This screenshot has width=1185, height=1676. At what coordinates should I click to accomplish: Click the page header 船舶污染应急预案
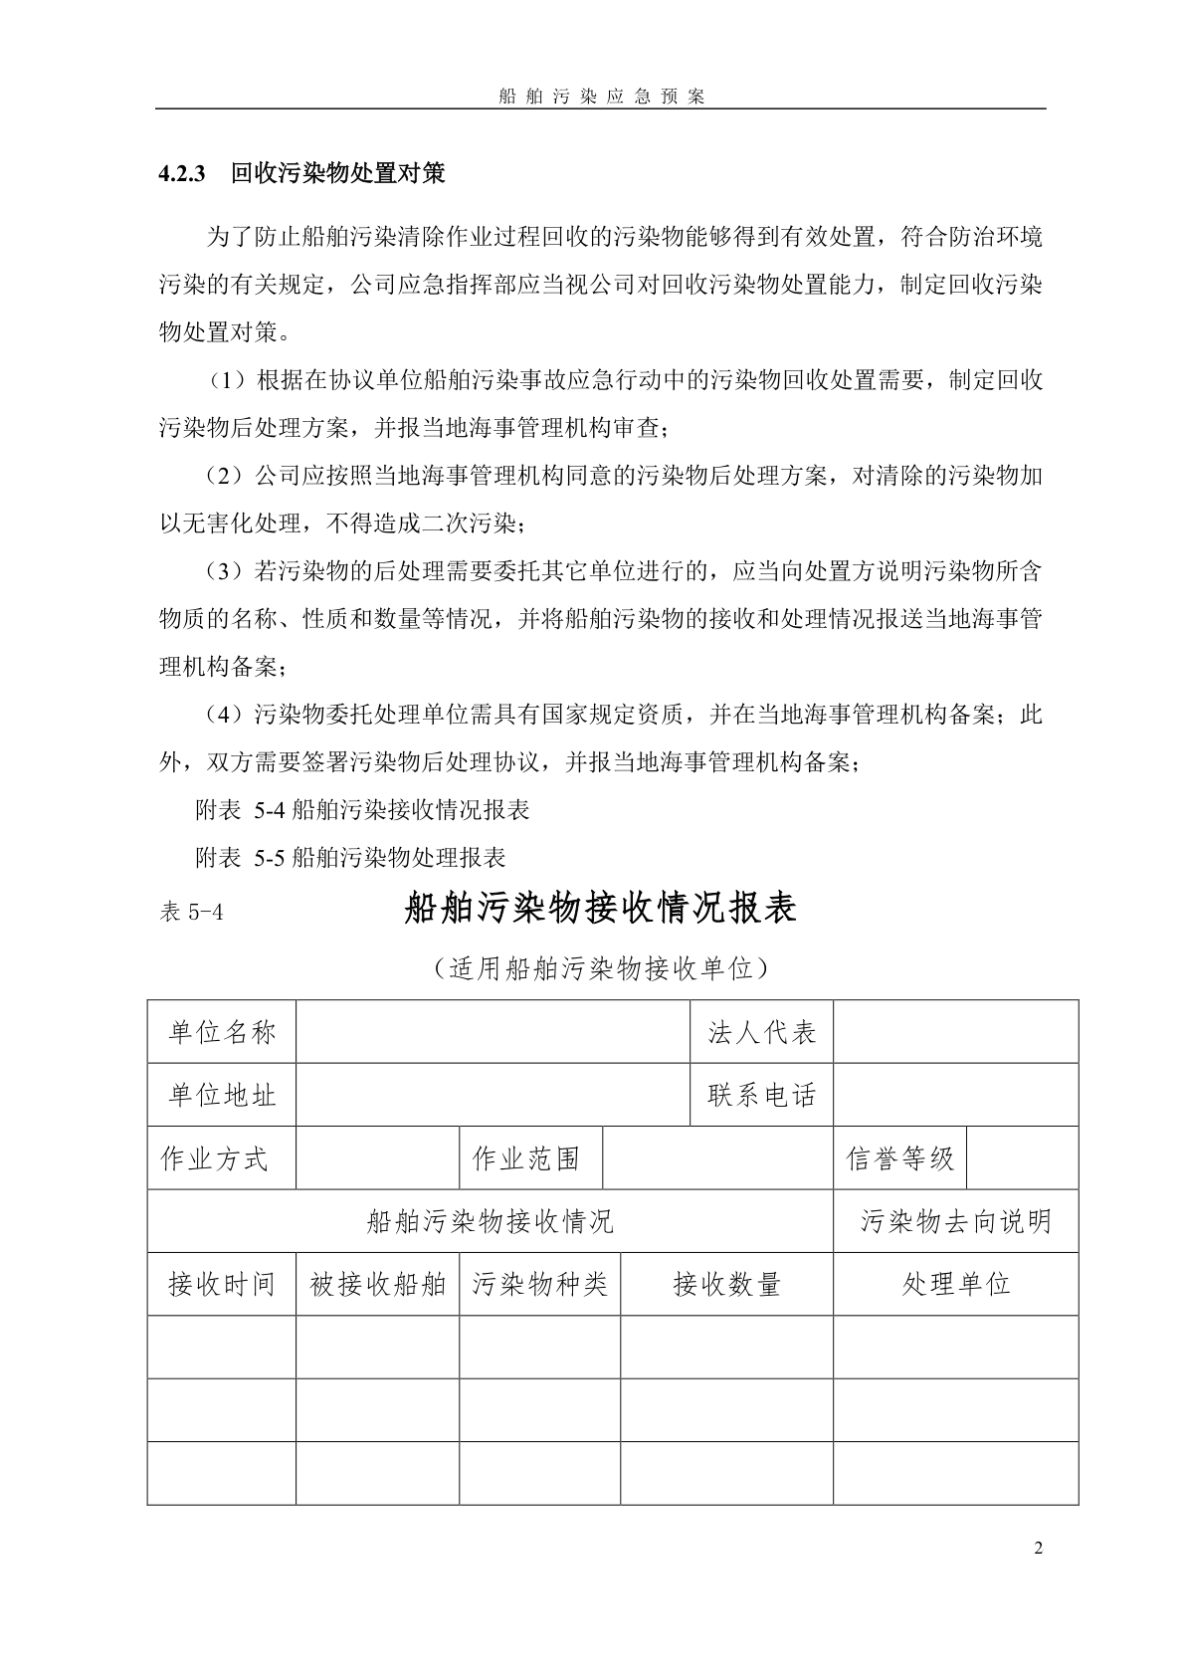coord(600,97)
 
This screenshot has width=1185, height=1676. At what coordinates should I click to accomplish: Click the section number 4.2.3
coord(181,174)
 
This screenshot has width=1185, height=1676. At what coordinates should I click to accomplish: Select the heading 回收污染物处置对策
coord(337,174)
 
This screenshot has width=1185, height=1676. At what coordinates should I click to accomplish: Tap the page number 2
coord(1039,1548)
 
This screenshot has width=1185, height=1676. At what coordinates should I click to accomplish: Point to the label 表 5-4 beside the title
coord(191,912)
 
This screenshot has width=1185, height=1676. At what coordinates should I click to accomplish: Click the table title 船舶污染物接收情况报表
coord(600,909)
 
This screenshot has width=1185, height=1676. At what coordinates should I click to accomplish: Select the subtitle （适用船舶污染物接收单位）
coord(600,967)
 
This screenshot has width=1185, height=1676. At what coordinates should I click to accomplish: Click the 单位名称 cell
coord(222,1032)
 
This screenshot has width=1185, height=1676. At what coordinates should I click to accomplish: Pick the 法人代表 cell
coord(761,1032)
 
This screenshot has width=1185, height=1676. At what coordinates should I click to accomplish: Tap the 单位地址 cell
coord(222,1095)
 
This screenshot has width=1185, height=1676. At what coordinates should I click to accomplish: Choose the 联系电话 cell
coord(761,1095)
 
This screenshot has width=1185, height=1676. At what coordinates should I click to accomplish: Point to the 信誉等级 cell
coord(899,1158)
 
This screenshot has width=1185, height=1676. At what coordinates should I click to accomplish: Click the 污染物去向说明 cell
coord(955,1221)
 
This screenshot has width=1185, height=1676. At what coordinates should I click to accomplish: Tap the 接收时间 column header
coord(222,1284)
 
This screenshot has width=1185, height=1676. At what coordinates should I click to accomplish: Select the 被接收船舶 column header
coord(378,1284)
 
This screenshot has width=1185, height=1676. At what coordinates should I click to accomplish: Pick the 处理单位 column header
coord(955,1284)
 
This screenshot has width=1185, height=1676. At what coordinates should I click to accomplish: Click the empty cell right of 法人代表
coord(955,1032)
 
